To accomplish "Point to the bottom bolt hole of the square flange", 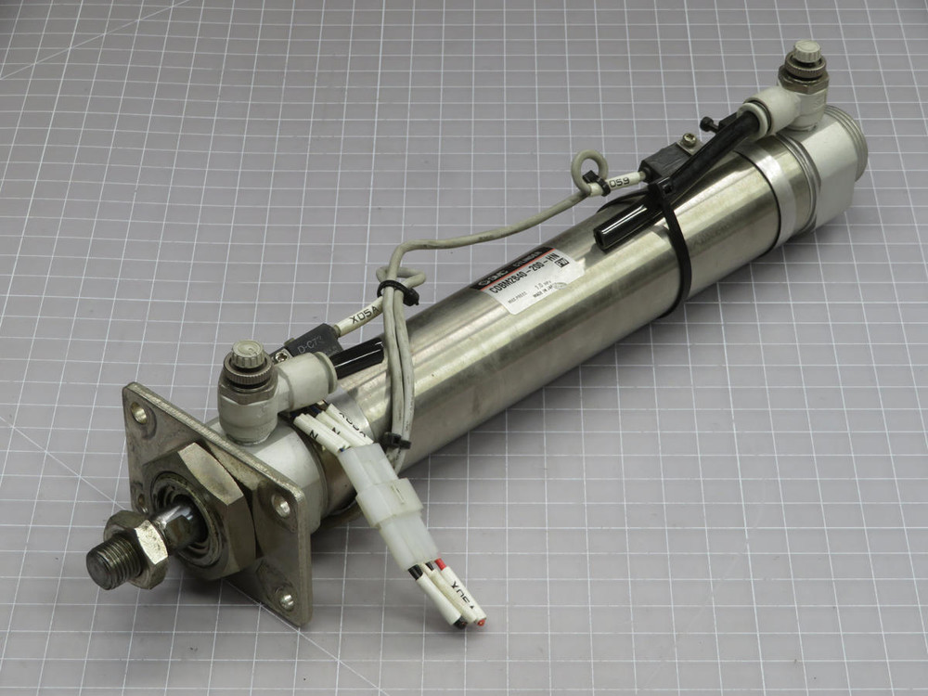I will pyautogui.click(x=285, y=600).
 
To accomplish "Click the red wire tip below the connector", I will pyautogui.click(x=481, y=615).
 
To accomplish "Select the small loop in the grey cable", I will pyautogui.click(x=587, y=169).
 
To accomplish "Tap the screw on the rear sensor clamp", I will pyautogui.click(x=687, y=141).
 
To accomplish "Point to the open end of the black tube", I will pyautogui.click(x=606, y=239).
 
